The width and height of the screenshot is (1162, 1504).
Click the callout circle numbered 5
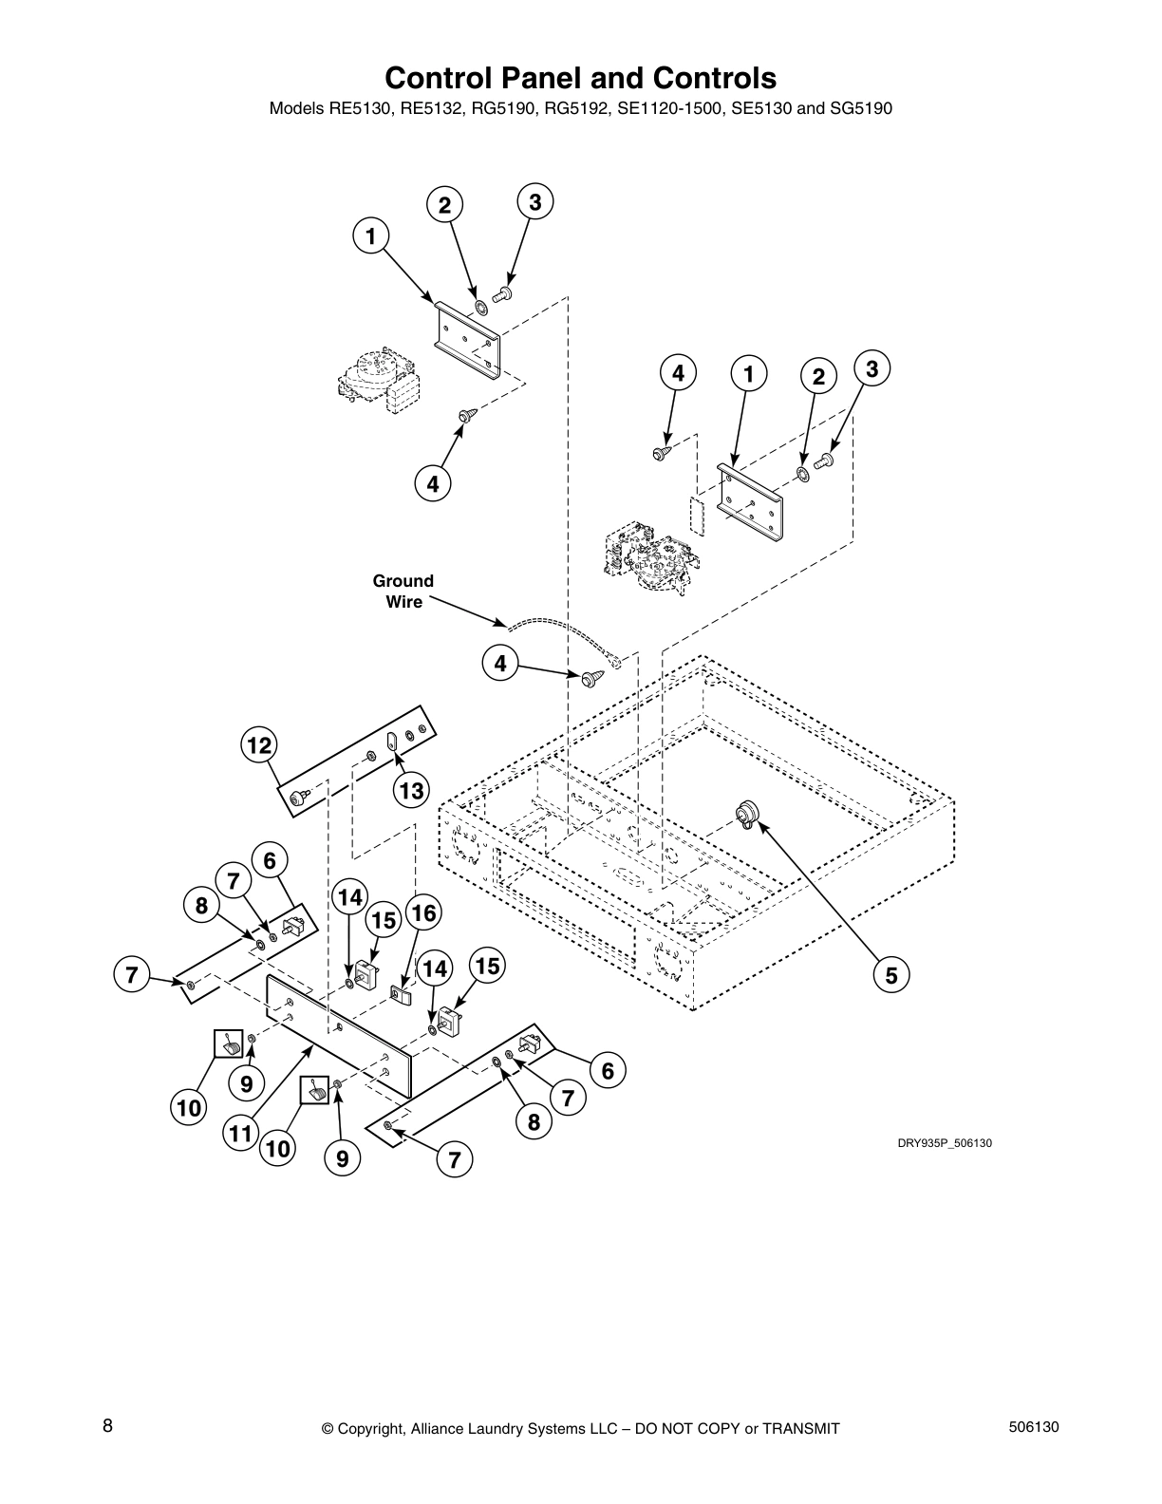coord(891,974)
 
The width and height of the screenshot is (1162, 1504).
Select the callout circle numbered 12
coord(258,746)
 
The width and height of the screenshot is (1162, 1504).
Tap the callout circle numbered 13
coord(411,790)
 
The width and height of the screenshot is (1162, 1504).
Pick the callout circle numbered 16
coord(422,913)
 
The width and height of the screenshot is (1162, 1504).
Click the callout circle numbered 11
coord(243,1133)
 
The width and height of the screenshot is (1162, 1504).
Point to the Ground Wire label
coord(403,591)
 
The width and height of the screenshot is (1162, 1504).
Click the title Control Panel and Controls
coord(580,77)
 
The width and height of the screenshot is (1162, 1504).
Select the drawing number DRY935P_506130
coord(945,1143)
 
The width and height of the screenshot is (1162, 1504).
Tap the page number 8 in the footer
coord(108,1426)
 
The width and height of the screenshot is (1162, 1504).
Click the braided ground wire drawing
coord(560,633)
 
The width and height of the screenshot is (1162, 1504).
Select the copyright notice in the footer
coord(580,1429)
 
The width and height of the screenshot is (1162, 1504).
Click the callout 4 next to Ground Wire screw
coord(499,664)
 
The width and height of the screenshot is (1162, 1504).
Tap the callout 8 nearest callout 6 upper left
coord(201,906)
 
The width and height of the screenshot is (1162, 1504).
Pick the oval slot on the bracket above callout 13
coord(390,741)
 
